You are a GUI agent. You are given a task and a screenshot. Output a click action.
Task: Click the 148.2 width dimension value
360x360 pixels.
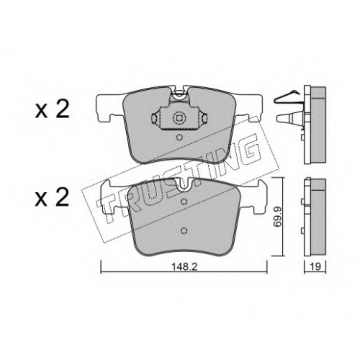click(x=184, y=267)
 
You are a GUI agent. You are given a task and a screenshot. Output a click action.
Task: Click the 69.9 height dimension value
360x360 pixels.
click(x=277, y=217)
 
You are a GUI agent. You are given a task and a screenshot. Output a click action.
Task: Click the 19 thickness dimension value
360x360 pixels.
click(x=315, y=267)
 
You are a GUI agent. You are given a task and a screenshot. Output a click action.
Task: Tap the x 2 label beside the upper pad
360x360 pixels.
click(x=52, y=109)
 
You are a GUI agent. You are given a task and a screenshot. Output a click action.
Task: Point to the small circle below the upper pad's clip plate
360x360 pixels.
click(x=179, y=138)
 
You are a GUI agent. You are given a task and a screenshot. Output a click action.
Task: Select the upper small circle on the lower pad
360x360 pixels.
click(x=184, y=201)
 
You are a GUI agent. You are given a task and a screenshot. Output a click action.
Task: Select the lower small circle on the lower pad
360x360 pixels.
click(x=184, y=230)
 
